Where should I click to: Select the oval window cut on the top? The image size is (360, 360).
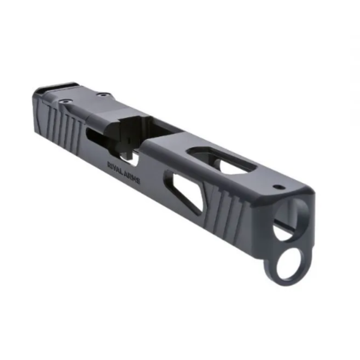point(221,160)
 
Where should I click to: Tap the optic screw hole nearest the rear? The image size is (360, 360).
point(66,102)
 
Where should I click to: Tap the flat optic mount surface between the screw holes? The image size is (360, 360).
point(83,99)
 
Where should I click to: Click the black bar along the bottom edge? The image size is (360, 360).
point(180,342)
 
